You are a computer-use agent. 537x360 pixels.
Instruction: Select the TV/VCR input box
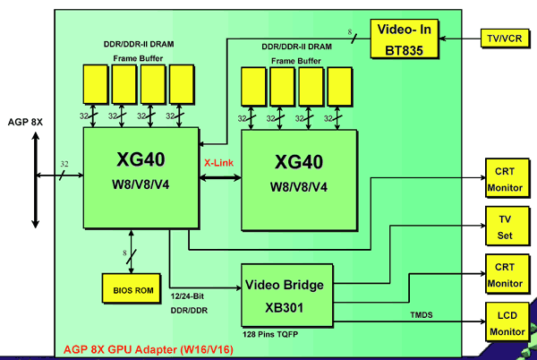[x=505, y=39]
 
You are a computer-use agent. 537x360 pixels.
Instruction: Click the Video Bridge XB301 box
[x=286, y=294]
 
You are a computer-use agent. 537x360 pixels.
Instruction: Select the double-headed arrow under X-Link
[x=219, y=178]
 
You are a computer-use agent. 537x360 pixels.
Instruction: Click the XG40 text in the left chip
[x=141, y=160]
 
